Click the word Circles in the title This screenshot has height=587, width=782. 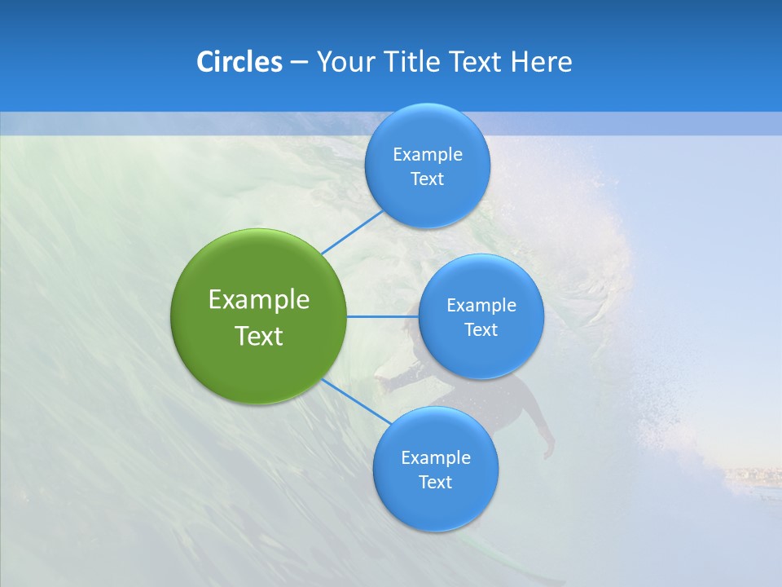(x=239, y=62)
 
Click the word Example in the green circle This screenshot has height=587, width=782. (x=259, y=299)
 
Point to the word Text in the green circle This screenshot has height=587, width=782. (x=259, y=336)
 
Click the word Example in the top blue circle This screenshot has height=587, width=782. (x=428, y=155)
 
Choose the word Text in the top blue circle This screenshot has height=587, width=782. (x=427, y=179)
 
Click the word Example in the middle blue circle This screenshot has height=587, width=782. (x=481, y=306)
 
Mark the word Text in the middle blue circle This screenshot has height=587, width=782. (x=481, y=330)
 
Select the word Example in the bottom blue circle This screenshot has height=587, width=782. (x=436, y=458)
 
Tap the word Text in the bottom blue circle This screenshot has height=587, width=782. (x=435, y=483)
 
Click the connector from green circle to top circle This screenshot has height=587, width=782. (x=352, y=232)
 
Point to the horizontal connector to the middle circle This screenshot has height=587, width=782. (x=382, y=316)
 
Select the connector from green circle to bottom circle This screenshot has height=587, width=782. (x=356, y=400)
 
